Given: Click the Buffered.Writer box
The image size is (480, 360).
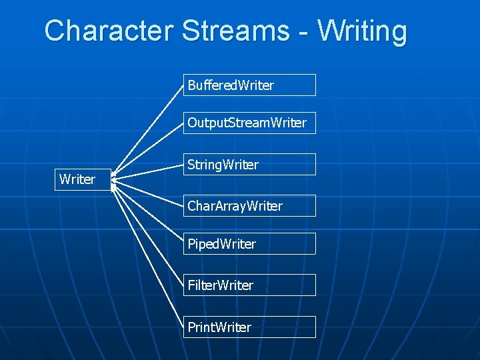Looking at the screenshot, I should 249,85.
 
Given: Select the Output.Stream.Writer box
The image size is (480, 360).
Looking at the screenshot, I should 249,123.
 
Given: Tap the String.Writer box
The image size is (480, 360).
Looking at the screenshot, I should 249,164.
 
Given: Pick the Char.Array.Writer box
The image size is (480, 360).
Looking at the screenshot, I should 249,206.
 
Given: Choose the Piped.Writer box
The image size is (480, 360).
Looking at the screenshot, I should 249,244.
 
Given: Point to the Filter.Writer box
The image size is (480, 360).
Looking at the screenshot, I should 249,285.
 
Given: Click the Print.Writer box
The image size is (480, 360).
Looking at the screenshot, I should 249,327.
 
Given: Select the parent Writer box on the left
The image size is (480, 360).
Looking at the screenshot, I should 82,179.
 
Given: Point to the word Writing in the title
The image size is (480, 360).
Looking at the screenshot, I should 362,31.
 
